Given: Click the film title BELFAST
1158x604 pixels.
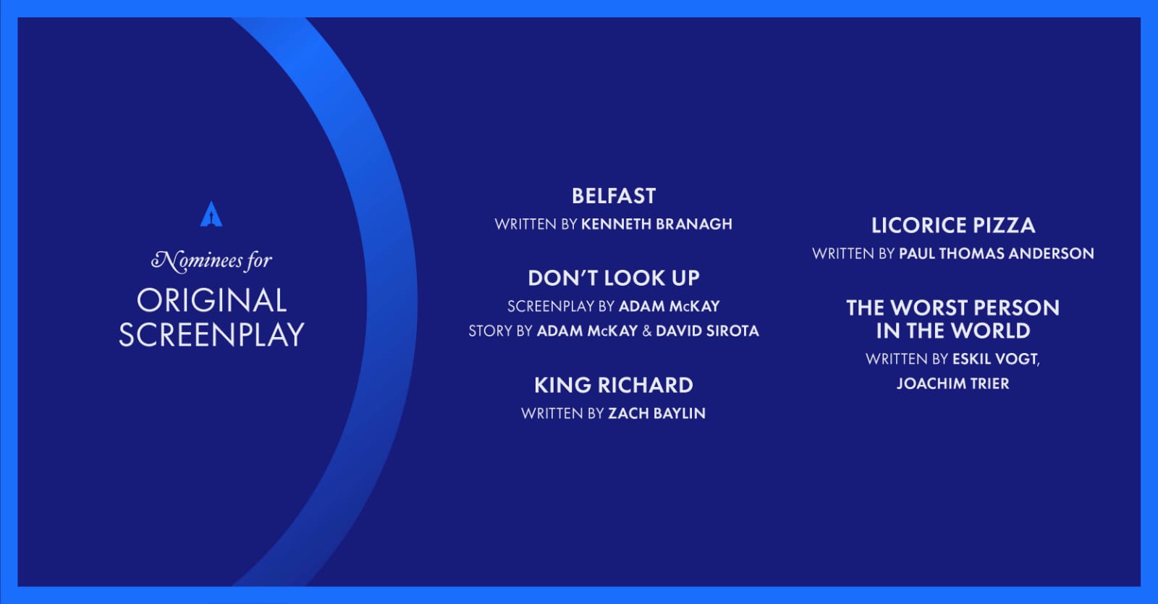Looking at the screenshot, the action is pos(614,196).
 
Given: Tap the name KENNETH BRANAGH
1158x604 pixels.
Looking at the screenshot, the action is pos(656,224).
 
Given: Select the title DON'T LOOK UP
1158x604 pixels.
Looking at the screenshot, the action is pos(614,278).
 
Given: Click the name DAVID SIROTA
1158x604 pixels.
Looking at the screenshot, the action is pos(707,331).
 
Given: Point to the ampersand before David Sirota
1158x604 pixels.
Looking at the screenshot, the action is pos(647,331).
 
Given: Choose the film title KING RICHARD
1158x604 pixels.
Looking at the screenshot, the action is pos(614,386).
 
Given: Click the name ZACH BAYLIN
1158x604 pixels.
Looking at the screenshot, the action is pos(656,413).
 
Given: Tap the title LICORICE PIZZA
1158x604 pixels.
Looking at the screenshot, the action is pos(953,225).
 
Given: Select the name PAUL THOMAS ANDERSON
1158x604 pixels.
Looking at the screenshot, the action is pos(996,254).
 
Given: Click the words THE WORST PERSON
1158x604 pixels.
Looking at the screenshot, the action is pos(952,308).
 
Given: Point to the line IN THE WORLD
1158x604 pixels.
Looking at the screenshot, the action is pos(952,331).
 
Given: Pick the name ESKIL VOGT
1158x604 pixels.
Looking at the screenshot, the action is pos(995,359).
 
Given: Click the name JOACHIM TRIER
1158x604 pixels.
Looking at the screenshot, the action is pos(952,384).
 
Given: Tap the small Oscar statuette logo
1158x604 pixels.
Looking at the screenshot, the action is pos(211,214).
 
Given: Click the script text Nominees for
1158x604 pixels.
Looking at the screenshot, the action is pos(211,260).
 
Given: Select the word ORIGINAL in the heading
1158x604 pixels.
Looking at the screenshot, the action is pos(211,301).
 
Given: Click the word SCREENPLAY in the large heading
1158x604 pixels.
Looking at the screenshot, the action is pos(211,334).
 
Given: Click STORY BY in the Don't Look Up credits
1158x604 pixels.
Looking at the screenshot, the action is pos(500,331).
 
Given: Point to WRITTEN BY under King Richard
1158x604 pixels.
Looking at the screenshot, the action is pos(562,413).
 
